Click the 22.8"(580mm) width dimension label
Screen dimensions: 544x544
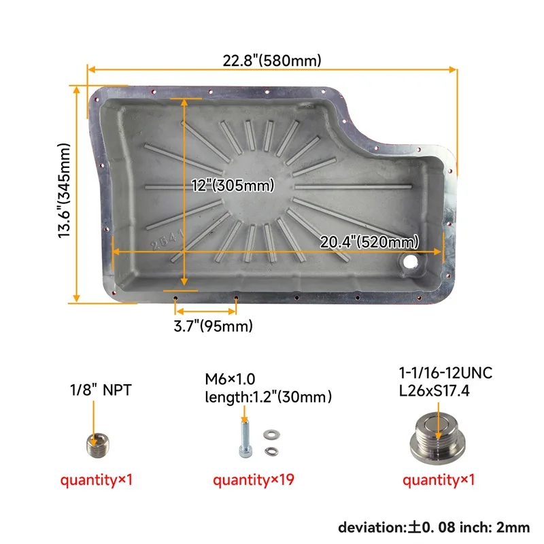[x=272, y=61]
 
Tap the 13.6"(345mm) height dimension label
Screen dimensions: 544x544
[x=65, y=190]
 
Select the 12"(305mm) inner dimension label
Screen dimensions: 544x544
[x=233, y=186]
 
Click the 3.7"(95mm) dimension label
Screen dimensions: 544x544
[x=213, y=326]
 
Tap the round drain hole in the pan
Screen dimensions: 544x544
[x=410, y=261]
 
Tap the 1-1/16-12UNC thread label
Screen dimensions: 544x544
[x=446, y=373]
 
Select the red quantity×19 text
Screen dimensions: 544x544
[x=253, y=480]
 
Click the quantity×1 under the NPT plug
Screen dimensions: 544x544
[x=96, y=480]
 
